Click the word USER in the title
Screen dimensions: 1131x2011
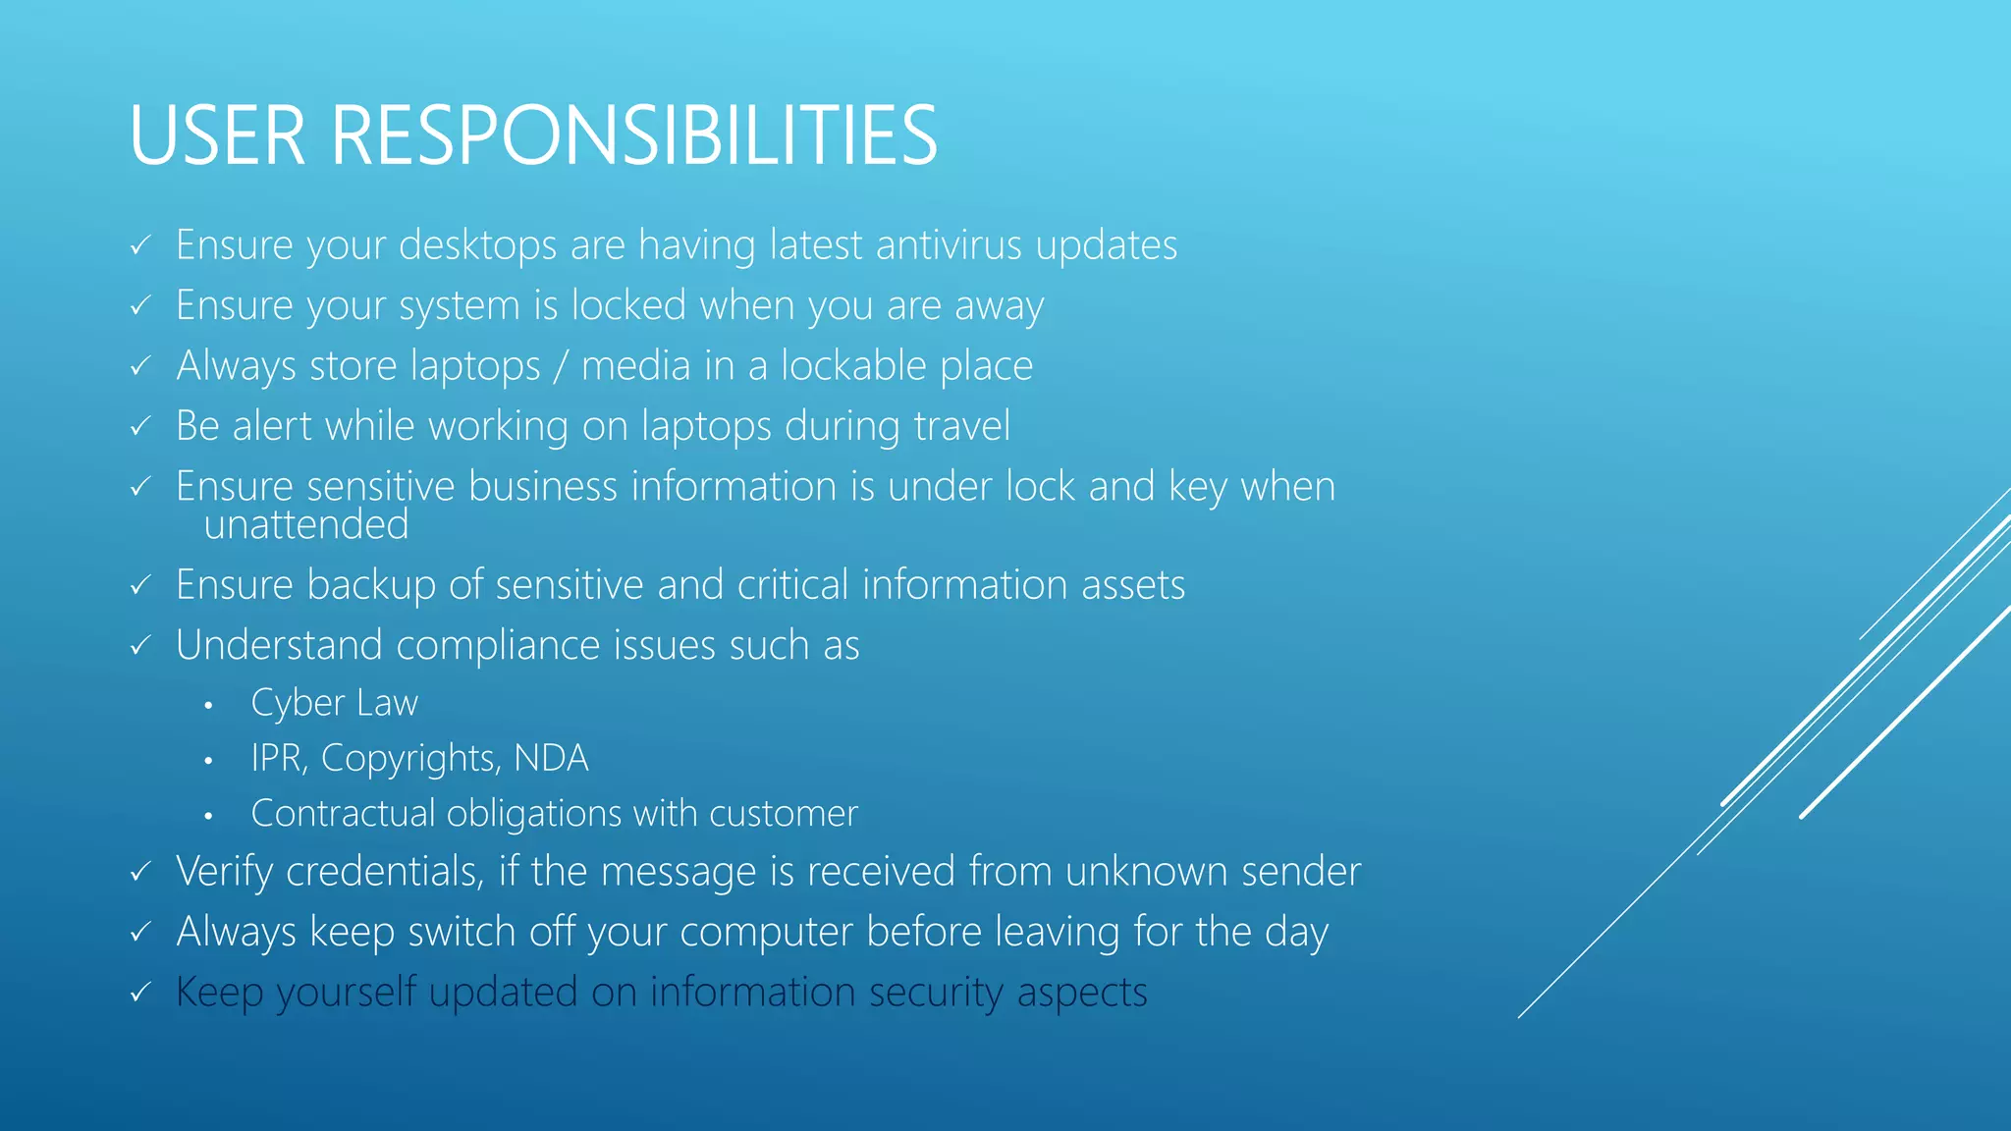click(x=217, y=135)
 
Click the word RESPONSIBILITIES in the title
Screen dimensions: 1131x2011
click(x=634, y=135)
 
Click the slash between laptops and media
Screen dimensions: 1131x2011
click(x=561, y=366)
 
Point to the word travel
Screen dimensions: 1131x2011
click(x=961, y=426)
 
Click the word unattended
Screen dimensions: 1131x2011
click(x=305, y=524)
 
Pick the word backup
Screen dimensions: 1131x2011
click(x=371, y=585)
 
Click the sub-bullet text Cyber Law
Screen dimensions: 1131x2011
click(x=334, y=703)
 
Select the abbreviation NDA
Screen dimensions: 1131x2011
click(x=551, y=758)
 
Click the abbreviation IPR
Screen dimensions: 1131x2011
click(x=279, y=758)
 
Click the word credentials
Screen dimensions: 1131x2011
click(x=384, y=872)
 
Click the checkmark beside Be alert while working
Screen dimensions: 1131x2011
click(x=140, y=427)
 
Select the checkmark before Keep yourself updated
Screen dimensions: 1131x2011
click(x=140, y=993)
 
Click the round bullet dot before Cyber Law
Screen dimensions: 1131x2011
click(x=208, y=705)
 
